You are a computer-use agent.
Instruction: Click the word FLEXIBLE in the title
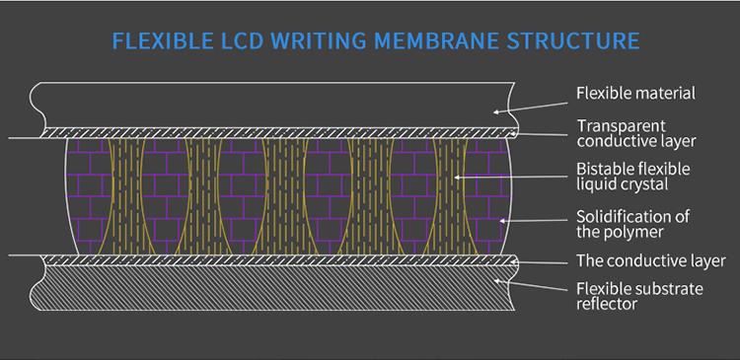163,41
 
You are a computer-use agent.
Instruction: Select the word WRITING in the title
319,41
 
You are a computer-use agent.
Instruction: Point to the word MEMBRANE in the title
436,41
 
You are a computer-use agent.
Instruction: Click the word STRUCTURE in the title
573,41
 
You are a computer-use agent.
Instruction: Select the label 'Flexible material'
635,93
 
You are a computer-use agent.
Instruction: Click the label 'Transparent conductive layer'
636,133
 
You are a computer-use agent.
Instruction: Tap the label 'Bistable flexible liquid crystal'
632,177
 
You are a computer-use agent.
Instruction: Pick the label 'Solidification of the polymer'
632,224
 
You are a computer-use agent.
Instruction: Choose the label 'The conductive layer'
651,260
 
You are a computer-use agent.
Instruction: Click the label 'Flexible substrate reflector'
639,296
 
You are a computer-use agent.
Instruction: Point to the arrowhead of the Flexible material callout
495,111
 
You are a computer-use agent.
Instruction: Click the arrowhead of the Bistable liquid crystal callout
457,178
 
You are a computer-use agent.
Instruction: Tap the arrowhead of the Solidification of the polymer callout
502,220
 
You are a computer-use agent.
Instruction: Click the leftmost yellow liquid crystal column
127,196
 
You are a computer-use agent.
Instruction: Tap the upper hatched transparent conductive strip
279,132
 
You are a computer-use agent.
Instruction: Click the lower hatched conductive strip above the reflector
279,260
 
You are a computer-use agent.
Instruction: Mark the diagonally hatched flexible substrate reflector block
273,288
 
